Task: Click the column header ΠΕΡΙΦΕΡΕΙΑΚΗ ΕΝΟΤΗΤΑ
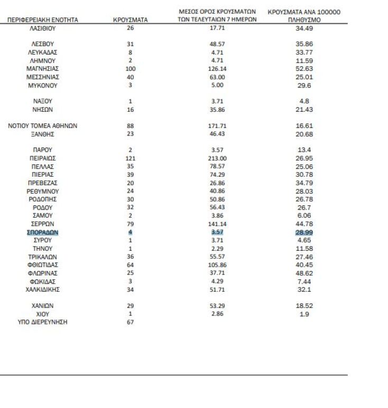[42, 20]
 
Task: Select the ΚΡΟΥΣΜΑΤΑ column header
[130, 20]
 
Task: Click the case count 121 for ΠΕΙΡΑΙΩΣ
[130, 158]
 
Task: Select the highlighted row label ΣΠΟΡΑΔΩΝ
[42, 232]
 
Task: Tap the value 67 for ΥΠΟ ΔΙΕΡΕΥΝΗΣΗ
[130, 322]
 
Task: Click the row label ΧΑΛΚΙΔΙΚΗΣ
[42, 289]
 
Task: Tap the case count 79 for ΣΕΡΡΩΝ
[130, 224]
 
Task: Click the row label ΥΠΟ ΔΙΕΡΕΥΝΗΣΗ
[42, 322]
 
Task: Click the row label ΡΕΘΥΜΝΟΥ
[42, 191]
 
